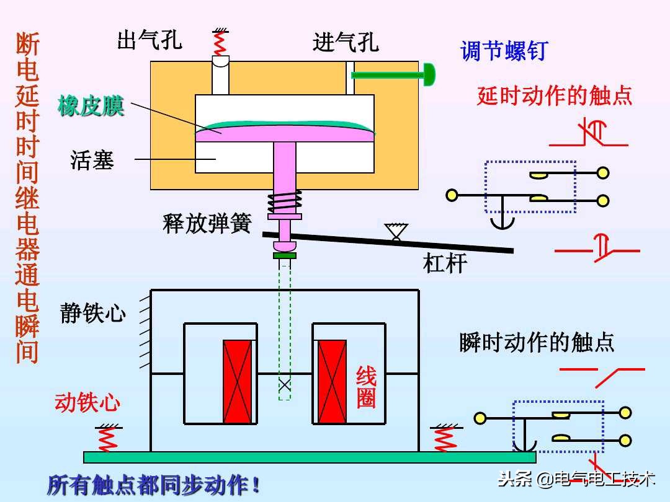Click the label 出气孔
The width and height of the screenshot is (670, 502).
click(150, 40)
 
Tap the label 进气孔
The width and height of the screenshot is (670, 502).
click(346, 42)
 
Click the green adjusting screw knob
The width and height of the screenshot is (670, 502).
click(428, 75)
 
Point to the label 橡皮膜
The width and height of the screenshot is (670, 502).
click(91, 106)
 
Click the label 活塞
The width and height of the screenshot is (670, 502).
click(92, 161)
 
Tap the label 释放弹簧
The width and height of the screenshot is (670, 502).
click(207, 223)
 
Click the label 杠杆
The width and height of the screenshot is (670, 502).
click(445, 263)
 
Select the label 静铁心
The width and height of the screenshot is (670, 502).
click(93, 313)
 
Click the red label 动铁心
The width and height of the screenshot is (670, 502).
click(87, 403)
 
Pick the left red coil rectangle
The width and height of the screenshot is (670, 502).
click(238, 381)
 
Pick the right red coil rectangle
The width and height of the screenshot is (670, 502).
click(332, 381)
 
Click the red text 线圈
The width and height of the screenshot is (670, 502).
click(366, 387)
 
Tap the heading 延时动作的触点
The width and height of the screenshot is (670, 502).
click(555, 95)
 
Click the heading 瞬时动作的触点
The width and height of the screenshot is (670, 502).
click(537, 342)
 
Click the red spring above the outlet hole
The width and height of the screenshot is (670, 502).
click(218, 42)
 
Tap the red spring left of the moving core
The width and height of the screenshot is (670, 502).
click(107, 438)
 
